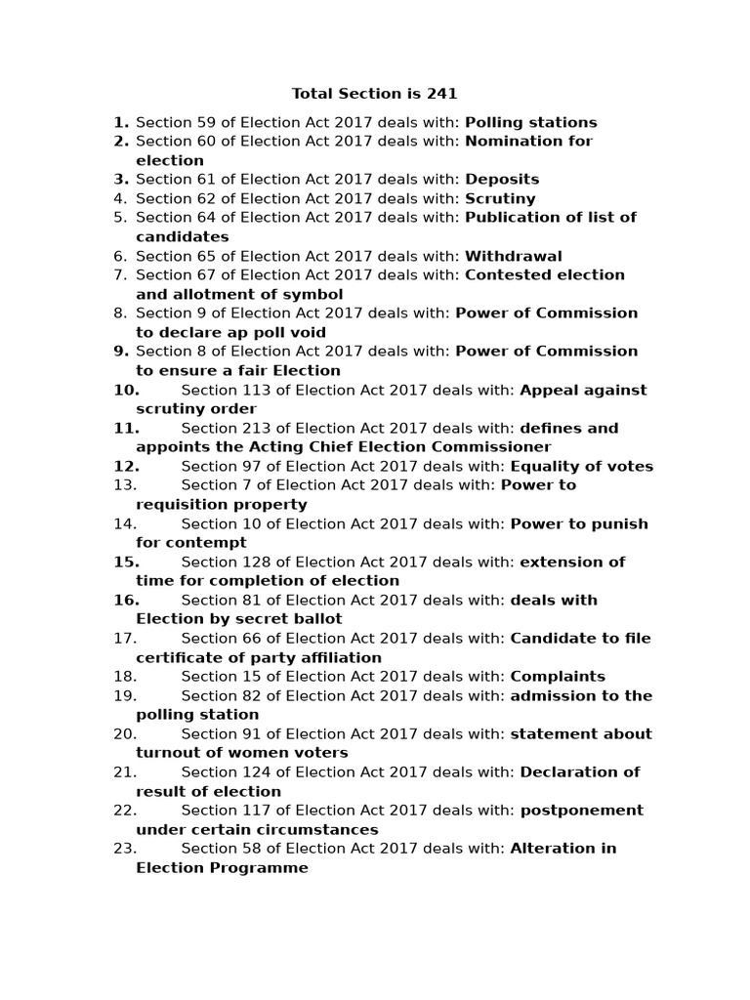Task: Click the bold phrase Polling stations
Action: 530,122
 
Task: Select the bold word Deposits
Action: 502,180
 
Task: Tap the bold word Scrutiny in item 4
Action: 500,198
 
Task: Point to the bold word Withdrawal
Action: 513,256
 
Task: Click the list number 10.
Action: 126,390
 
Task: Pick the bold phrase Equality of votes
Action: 581,466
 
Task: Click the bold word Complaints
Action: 557,677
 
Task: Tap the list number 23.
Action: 125,849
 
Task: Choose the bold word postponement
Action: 581,811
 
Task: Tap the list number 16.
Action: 126,600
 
